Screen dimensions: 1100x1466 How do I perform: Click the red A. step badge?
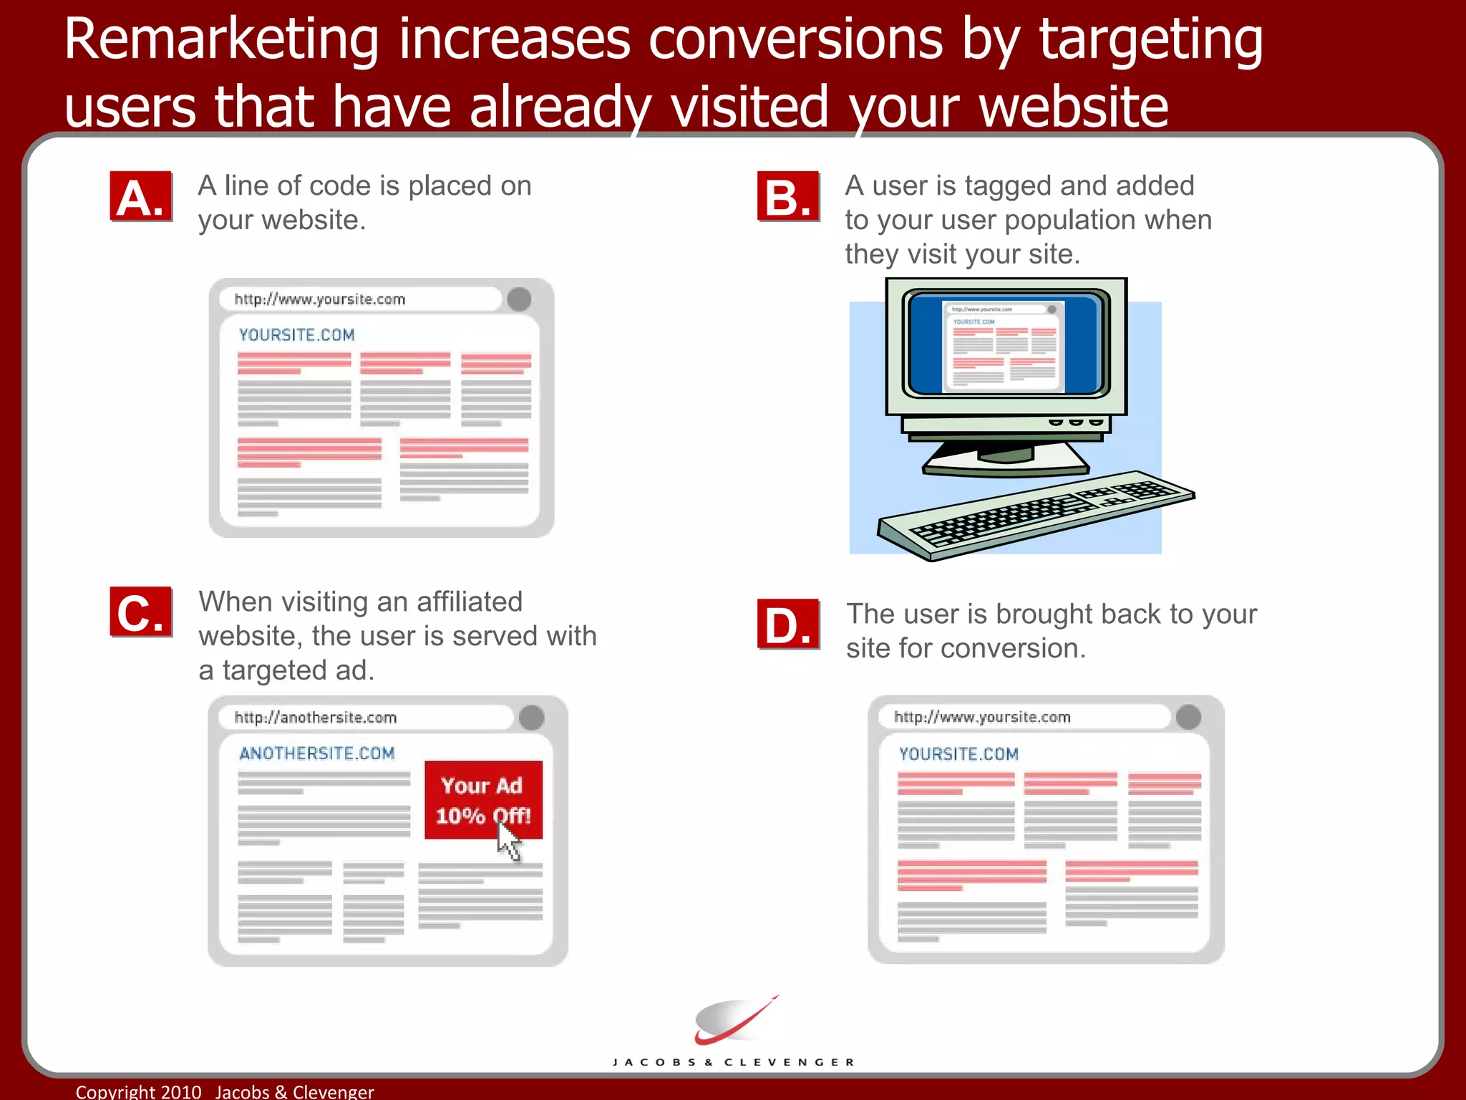(141, 196)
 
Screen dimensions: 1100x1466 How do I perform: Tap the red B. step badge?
(788, 196)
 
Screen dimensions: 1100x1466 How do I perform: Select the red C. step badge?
(141, 612)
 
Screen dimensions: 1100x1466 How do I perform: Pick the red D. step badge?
(788, 624)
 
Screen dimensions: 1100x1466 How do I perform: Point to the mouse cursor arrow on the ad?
(508, 841)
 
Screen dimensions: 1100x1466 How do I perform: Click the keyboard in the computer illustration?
(1034, 514)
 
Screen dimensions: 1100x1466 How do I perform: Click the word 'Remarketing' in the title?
(221, 39)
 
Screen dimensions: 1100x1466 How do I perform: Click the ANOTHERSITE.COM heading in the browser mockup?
(317, 753)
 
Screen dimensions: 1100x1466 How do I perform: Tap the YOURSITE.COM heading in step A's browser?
(296, 335)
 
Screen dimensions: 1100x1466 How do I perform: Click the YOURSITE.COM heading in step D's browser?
(958, 754)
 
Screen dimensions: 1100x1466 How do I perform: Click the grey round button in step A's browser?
(519, 299)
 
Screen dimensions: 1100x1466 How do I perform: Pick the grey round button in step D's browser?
(1188, 717)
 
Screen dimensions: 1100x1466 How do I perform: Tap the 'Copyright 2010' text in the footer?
(139, 1091)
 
